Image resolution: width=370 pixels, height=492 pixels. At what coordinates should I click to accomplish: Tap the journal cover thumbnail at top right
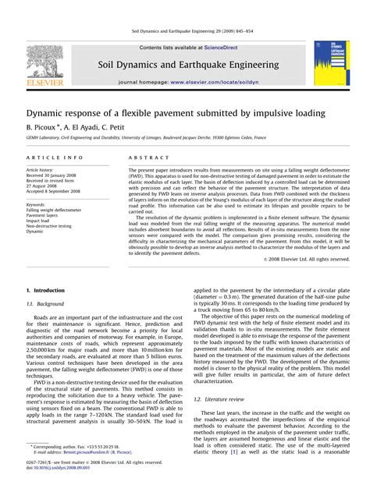pyautogui.click(x=332, y=63)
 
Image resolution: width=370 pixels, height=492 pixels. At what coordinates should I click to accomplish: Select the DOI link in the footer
pyautogui.click(x=67, y=470)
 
